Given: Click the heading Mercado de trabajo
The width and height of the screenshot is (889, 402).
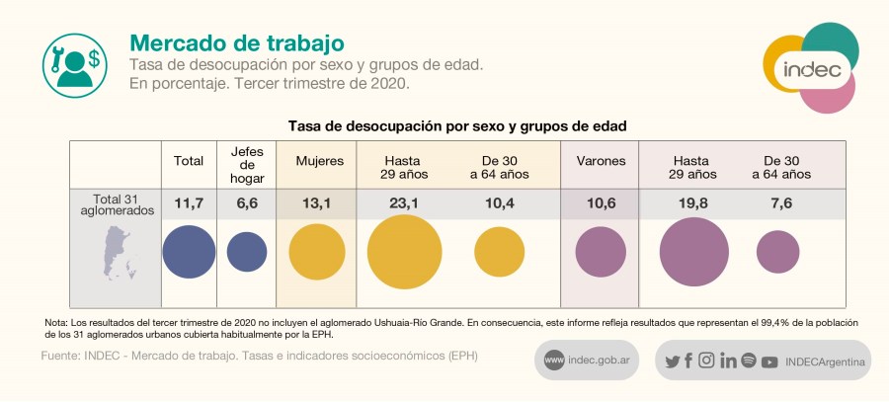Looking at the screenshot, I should coord(237,43).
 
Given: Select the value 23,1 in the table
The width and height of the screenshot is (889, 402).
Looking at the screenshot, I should coord(404,203).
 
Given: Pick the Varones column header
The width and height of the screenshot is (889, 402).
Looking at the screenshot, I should coord(600,160).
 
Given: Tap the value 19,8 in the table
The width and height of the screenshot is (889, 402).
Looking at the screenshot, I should coord(694,203).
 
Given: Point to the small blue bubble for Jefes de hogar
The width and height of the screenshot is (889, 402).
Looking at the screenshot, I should coord(247,251).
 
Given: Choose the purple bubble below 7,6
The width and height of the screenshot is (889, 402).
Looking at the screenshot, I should coord(778,251).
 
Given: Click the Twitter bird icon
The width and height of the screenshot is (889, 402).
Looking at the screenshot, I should coord(673,361).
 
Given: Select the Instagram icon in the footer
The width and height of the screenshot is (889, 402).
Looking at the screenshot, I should coord(706,361).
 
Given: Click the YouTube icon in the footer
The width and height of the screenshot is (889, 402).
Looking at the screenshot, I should coord(768,362).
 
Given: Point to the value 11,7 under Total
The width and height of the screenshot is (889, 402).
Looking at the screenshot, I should coord(189,203).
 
